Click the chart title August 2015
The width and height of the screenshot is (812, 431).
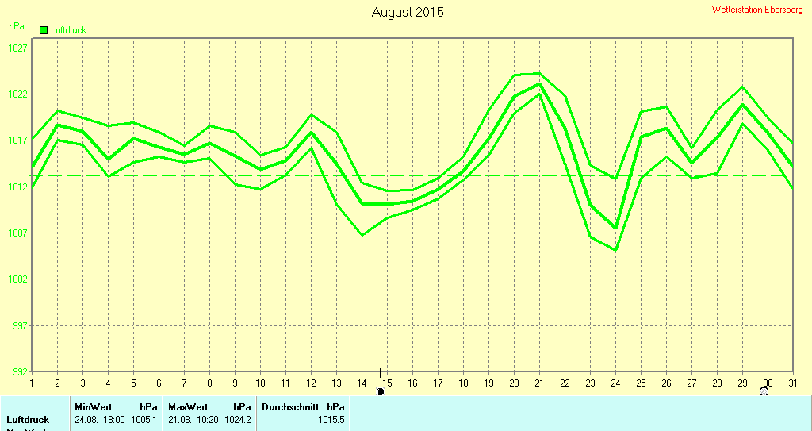pos(408,12)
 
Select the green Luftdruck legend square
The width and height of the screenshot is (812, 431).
pos(44,30)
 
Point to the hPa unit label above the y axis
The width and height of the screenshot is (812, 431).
pos(16,26)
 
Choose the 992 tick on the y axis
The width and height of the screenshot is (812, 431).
pos(17,371)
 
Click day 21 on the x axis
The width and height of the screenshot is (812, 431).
pos(539,383)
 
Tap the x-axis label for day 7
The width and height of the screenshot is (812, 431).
pos(184,383)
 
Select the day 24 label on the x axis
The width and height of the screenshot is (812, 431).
pos(615,383)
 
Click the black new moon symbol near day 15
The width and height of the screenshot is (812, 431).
pos(380,391)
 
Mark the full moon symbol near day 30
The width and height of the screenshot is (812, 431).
pos(764,391)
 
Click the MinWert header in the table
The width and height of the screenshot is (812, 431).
pos(94,406)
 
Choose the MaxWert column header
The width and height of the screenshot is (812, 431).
pos(188,406)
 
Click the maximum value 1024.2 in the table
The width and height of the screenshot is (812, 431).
pos(238,419)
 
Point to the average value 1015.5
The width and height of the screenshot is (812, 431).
pos(331,419)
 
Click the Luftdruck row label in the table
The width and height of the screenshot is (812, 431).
pos(28,419)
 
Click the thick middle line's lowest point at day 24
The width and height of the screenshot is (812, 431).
pos(615,229)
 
